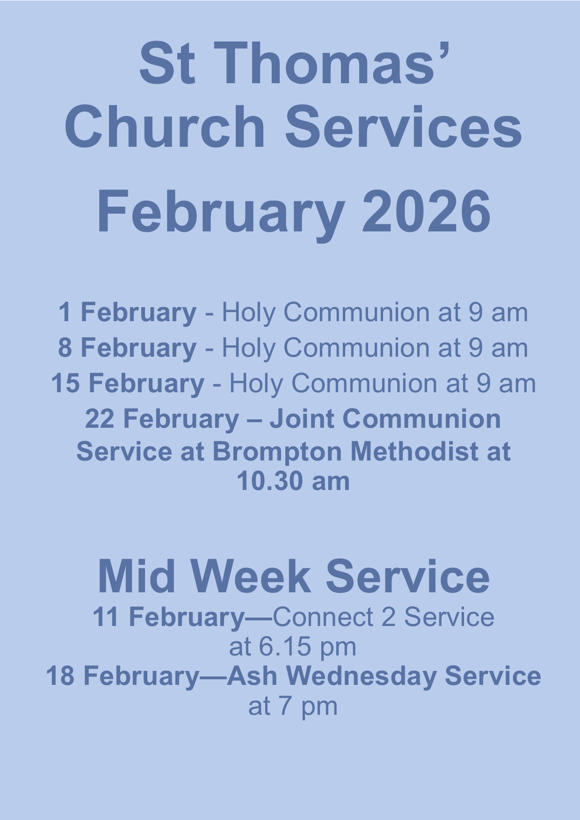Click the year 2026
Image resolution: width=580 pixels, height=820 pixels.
point(427,211)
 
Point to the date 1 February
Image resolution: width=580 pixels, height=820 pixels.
point(127,313)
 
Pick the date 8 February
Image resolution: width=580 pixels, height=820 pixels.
point(127,348)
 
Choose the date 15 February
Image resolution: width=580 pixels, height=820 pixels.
point(128,384)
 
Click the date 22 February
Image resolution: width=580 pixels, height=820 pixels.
point(162,419)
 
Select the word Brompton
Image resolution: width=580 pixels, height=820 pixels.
point(277,453)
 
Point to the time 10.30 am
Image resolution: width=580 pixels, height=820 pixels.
point(293,481)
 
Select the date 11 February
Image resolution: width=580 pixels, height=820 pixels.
point(169,618)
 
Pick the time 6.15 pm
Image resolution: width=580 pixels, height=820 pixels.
point(308,647)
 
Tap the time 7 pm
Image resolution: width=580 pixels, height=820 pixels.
point(308,707)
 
